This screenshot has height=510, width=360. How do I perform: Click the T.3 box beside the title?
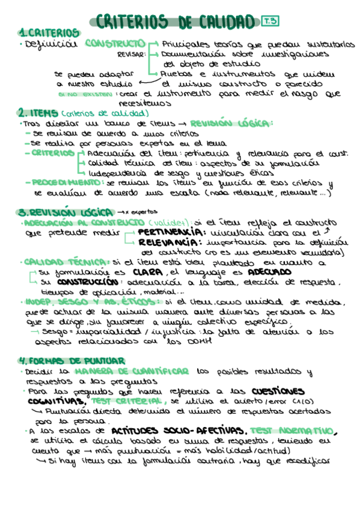pos(270,21)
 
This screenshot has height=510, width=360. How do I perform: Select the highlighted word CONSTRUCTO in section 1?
pos(114,43)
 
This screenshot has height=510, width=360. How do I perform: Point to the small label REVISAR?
pos(130,54)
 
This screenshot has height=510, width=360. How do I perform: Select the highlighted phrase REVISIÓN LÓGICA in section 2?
pos(231,123)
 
